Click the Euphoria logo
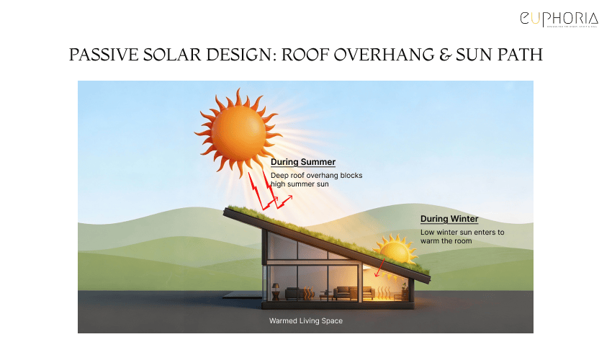(559, 20)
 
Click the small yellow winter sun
(394, 251)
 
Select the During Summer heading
(302, 162)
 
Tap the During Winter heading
(449, 219)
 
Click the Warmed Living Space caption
(305, 320)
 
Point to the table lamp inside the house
(275, 289)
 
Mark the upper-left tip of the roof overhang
(225, 210)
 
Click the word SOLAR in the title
(174, 55)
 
